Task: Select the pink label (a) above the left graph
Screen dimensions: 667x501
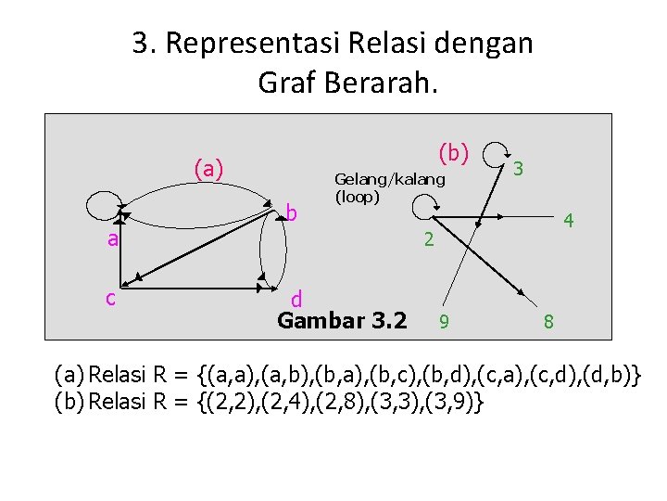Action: coord(208,169)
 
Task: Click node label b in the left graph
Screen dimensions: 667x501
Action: coord(291,214)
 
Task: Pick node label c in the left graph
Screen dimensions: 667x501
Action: coord(110,298)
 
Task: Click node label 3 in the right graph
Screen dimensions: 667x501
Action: coord(520,169)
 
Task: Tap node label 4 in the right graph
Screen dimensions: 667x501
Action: coord(570,222)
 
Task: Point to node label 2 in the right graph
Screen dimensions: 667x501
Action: coord(428,239)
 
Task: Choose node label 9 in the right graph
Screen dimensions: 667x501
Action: coord(445,322)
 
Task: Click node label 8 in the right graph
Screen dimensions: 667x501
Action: coord(549,322)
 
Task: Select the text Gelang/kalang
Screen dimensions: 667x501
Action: coord(389,179)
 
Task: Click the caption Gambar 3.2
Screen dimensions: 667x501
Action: coord(342,321)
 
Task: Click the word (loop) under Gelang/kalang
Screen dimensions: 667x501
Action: coord(357,197)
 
